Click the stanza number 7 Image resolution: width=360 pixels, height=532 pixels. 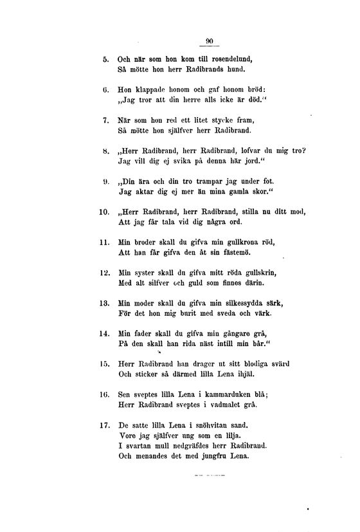(106, 120)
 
